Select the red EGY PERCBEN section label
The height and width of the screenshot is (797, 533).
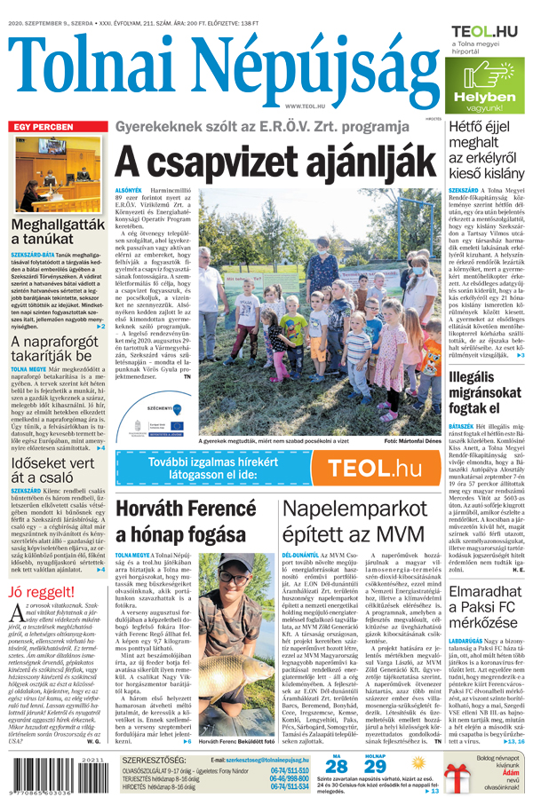click(x=43, y=127)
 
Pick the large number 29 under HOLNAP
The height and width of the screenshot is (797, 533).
click(x=376, y=766)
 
